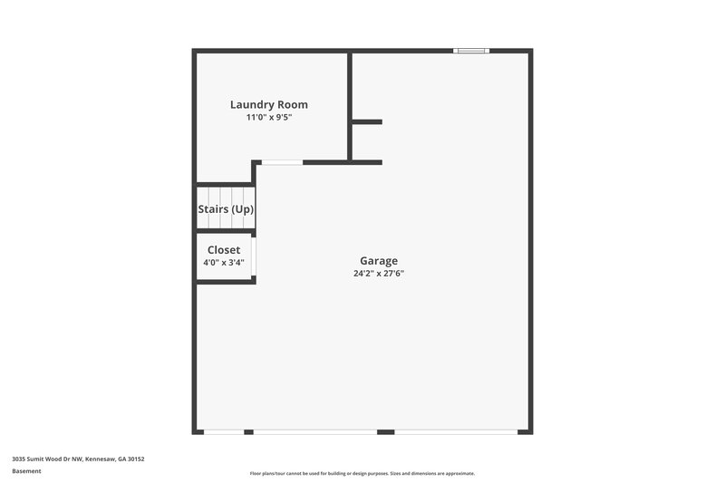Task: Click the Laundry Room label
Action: [269, 104]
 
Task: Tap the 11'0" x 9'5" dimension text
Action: [269, 118]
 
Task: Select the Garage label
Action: [379, 261]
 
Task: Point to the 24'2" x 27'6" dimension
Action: [379, 274]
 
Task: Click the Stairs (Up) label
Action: [226, 209]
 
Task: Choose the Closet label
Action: [224, 250]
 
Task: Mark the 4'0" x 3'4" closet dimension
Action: [223, 263]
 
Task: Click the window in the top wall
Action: [472, 51]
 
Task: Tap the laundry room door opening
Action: [282, 162]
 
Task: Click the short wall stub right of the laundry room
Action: [367, 121]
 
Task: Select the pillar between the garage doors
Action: [385, 431]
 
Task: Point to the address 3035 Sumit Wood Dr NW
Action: [46, 459]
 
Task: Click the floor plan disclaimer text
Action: [362, 473]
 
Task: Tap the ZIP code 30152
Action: [136, 459]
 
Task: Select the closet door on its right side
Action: [254, 256]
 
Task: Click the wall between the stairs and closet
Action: [225, 231]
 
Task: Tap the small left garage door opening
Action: [224, 431]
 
